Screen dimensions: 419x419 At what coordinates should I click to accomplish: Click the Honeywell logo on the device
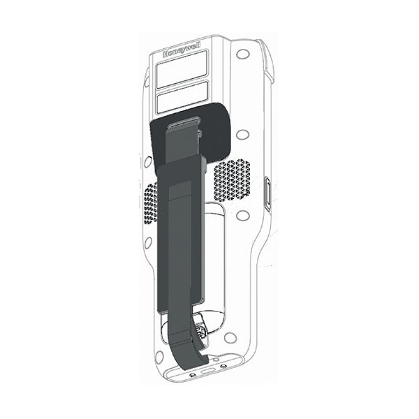(x=182, y=50)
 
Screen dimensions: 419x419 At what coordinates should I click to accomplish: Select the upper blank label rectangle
(x=182, y=69)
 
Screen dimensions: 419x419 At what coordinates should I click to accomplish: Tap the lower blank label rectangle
(x=182, y=97)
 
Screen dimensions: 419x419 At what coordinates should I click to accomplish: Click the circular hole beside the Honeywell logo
(x=243, y=54)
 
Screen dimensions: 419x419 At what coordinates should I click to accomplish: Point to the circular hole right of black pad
(x=243, y=134)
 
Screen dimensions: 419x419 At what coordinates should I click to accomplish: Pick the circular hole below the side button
(x=243, y=215)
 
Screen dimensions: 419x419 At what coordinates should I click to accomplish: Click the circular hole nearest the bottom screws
(x=230, y=338)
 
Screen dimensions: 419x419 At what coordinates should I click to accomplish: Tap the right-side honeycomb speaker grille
(x=232, y=181)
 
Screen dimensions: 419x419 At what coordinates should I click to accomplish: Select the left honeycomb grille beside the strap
(x=151, y=204)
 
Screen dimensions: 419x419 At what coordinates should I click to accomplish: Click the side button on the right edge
(x=267, y=193)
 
